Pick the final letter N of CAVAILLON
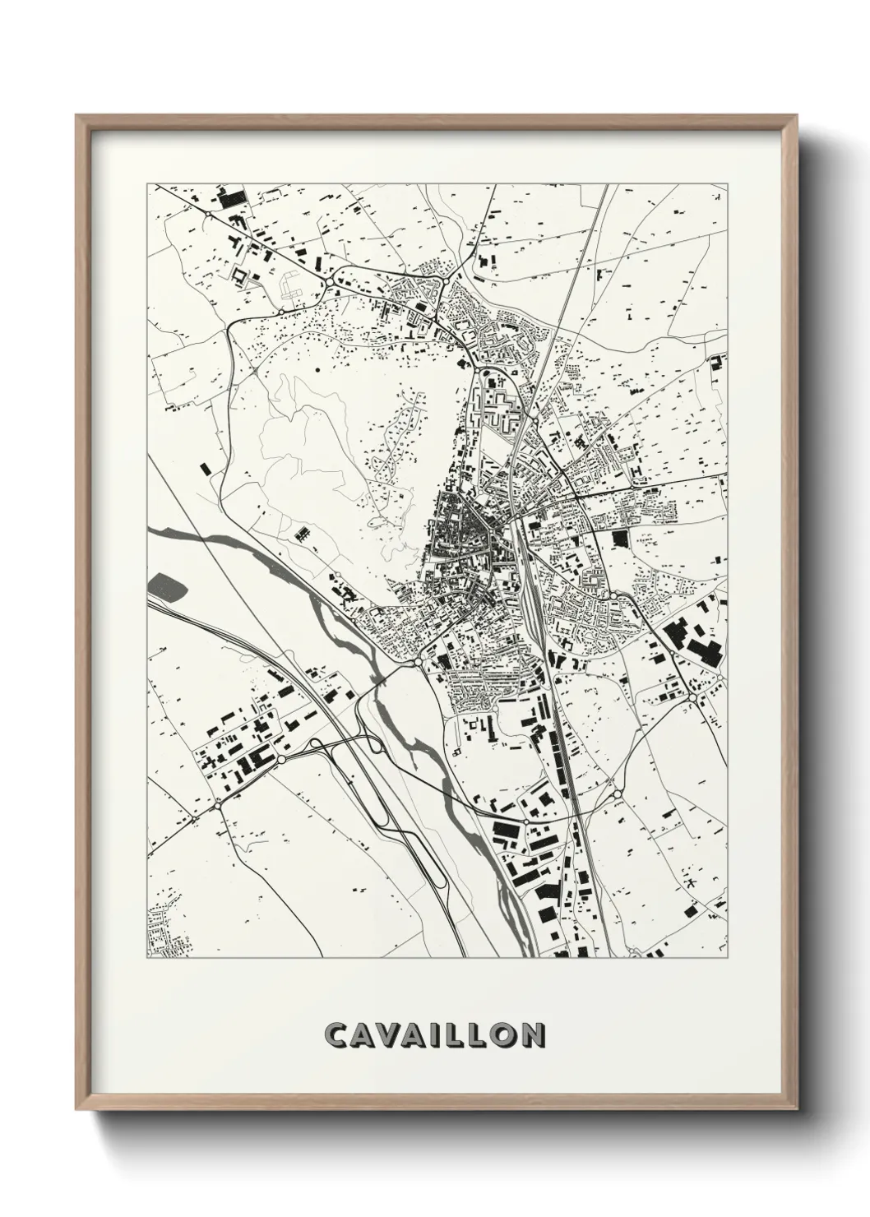pos(533,1034)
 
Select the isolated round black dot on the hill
pos(317,371)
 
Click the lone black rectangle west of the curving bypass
pos(205,467)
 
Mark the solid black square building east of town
pos(619,538)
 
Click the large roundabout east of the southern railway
pos(616,794)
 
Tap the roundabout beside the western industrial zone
pos(282,759)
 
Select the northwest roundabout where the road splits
pos(329,283)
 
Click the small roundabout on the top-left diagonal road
pos(210,213)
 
